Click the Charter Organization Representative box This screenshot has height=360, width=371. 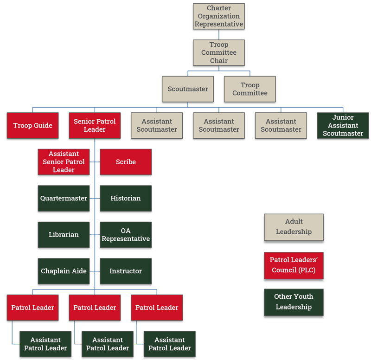(219, 16)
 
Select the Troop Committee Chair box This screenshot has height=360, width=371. (219, 53)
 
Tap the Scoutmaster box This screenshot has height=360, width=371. (188, 89)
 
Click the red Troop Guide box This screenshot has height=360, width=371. (33, 126)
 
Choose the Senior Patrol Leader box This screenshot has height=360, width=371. (95, 126)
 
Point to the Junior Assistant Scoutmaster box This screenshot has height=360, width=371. (343, 126)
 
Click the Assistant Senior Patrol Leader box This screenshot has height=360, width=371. (64, 162)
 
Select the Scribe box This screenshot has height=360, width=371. (126, 162)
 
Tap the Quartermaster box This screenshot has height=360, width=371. (64, 199)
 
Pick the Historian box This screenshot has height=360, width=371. (126, 199)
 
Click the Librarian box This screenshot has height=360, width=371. (64, 235)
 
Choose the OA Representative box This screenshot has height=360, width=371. (126, 235)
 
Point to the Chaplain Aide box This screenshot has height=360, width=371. (64, 271)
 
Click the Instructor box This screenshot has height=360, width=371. (126, 271)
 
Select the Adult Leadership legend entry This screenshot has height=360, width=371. (294, 227)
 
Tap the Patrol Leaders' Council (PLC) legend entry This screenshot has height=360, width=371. (294, 266)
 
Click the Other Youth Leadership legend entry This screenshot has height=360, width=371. (294, 302)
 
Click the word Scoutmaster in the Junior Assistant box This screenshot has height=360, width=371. (343, 134)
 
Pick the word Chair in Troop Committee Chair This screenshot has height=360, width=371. (219, 61)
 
